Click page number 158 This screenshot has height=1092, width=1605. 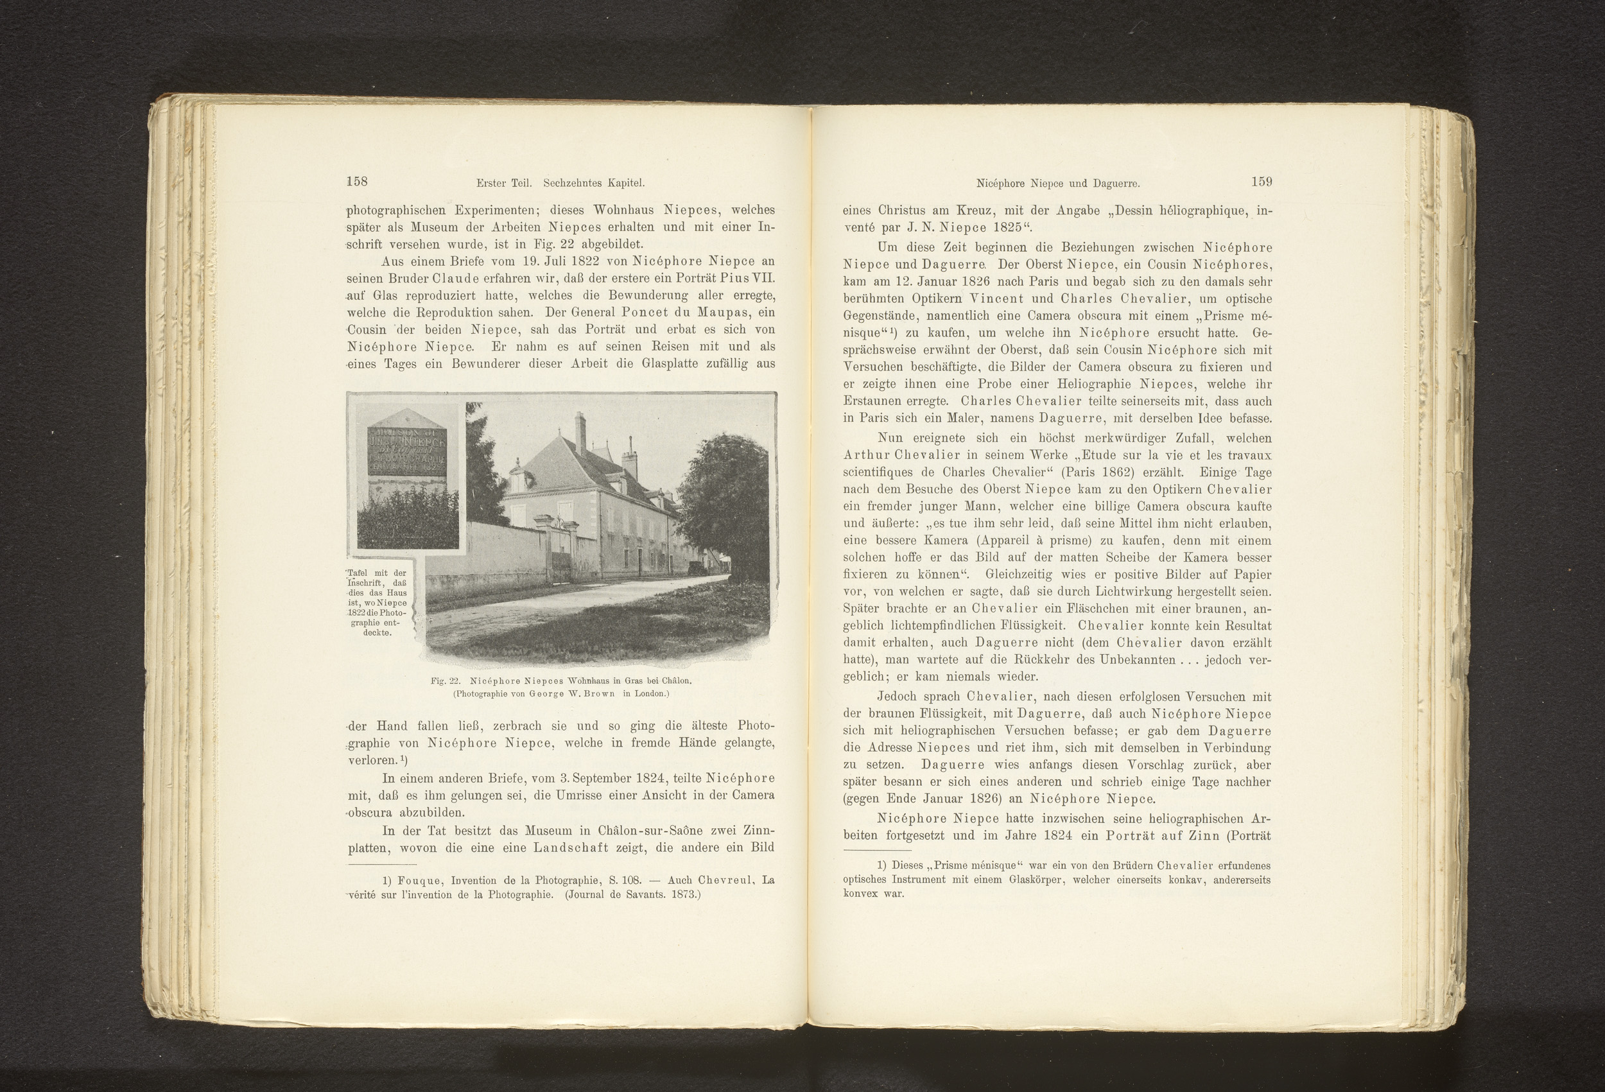[x=356, y=182]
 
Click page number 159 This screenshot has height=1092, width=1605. [x=1260, y=182]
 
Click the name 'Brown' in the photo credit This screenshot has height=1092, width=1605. [x=601, y=694]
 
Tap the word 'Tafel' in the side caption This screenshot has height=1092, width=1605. [x=358, y=573]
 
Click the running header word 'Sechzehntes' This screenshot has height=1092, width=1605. [x=572, y=183]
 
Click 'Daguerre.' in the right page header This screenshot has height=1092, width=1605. [x=1114, y=183]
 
